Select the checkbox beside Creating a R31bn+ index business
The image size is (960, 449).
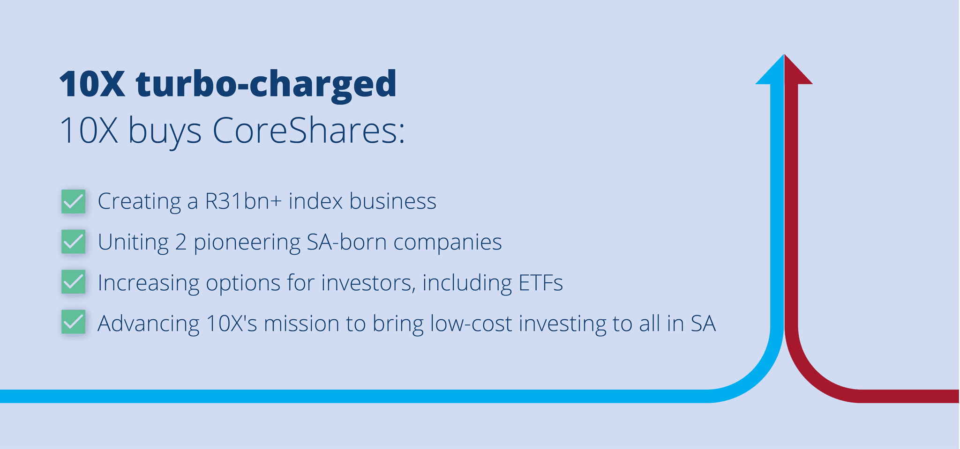point(74,201)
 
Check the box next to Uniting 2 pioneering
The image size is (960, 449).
point(74,242)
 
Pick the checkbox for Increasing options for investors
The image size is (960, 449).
point(74,282)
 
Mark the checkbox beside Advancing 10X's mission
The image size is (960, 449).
point(74,322)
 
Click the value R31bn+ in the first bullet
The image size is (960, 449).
point(243,201)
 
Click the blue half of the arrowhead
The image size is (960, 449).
point(770,70)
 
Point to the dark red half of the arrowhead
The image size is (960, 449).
point(798,70)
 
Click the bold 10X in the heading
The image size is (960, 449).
point(92,84)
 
